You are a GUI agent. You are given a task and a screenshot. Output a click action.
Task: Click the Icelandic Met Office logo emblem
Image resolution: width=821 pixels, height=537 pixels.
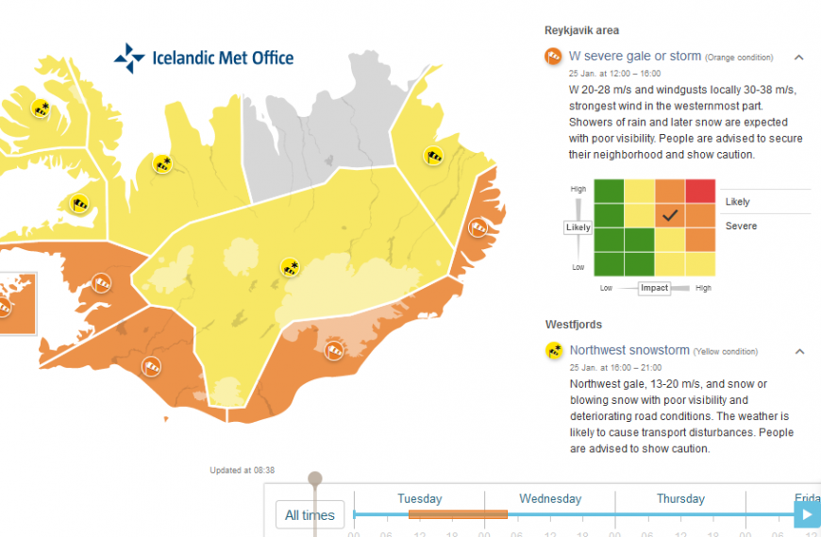tap(128, 59)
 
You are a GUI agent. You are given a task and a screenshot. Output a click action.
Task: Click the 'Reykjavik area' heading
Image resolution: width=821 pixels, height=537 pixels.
tap(582, 30)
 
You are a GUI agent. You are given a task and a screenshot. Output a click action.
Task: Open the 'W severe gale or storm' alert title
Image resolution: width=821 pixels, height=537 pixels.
tap(635, 57)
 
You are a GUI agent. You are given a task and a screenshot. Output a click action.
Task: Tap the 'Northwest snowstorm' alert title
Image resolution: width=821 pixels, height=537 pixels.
tap(629, 350)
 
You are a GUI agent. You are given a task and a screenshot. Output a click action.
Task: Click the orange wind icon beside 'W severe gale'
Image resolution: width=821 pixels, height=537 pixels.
tap(554, 57)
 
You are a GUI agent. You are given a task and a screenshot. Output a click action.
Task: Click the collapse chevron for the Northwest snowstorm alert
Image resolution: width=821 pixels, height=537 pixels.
tap(798, 351)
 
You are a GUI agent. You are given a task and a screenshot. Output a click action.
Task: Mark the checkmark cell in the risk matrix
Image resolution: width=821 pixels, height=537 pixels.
tap(670, 215)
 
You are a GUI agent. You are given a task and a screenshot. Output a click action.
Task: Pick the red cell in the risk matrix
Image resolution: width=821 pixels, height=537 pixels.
tap(700, 191)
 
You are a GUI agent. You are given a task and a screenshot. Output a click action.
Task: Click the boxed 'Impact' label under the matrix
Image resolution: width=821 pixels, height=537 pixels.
tap(654, 288)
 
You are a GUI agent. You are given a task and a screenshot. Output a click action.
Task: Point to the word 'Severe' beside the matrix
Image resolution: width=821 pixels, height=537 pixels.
tap(741, 227)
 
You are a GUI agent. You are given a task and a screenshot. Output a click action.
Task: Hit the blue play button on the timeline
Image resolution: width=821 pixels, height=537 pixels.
tap(807, 514)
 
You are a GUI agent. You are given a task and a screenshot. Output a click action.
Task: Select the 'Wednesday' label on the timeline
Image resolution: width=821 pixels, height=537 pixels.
tap(550, 498)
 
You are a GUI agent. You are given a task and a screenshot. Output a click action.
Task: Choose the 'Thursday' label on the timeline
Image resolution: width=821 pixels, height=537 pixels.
tap(680, 498)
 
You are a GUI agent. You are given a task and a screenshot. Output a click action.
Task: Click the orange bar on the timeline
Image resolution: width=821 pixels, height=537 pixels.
tap(458, 514)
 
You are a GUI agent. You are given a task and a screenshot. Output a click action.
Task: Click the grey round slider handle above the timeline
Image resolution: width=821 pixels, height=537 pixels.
tap(315, 479)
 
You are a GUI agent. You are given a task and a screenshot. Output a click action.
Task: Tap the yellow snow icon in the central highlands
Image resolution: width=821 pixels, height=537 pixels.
tap(290, 267)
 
